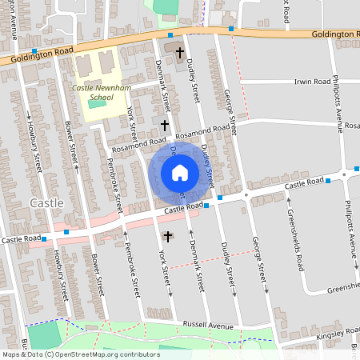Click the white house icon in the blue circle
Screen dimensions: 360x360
click(x=179, y=172)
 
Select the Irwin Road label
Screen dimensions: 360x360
click(x=311, y=82)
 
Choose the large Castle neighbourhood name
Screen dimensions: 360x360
click(x=46, y=203)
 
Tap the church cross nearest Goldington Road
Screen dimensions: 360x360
click(x=179, y=54)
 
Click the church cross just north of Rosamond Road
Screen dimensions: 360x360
click(x=165, y=125)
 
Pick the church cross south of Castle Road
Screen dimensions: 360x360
click(x=167, y=236)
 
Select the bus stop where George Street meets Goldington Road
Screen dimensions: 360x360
click(x=230, y=30)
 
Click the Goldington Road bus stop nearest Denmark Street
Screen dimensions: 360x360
click(x=170, y=35)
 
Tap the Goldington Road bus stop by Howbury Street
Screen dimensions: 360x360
click(x=34, y=50)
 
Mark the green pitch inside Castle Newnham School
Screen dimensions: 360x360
click(x=97, y=102)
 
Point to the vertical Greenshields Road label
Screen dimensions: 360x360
click(x=295, y=240)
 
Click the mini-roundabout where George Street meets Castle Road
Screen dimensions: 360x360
click(x=246, y=195)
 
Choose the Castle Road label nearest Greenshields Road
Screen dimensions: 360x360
click(x=303, y=185)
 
